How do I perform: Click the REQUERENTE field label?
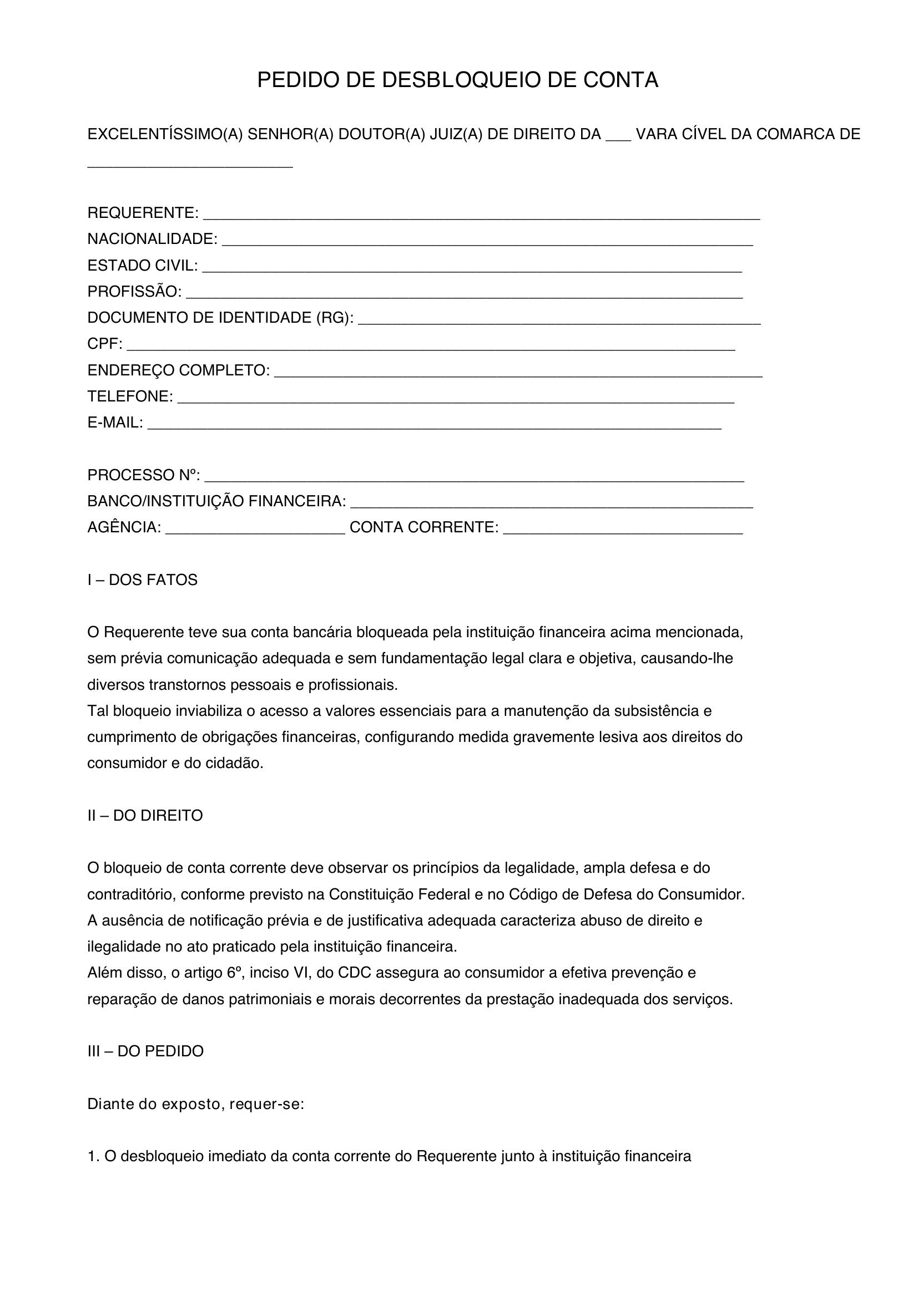click(143, 213)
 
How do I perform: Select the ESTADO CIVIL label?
click(143, 266)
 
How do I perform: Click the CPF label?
click(104, 343)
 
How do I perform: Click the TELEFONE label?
click(130, 396)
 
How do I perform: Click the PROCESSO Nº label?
click(144, 475)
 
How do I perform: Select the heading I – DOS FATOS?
click(143, 580)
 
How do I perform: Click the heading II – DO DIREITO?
click(145, 816)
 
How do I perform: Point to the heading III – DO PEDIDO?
click(145, 1051)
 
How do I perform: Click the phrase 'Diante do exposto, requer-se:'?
click(195, 1104)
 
